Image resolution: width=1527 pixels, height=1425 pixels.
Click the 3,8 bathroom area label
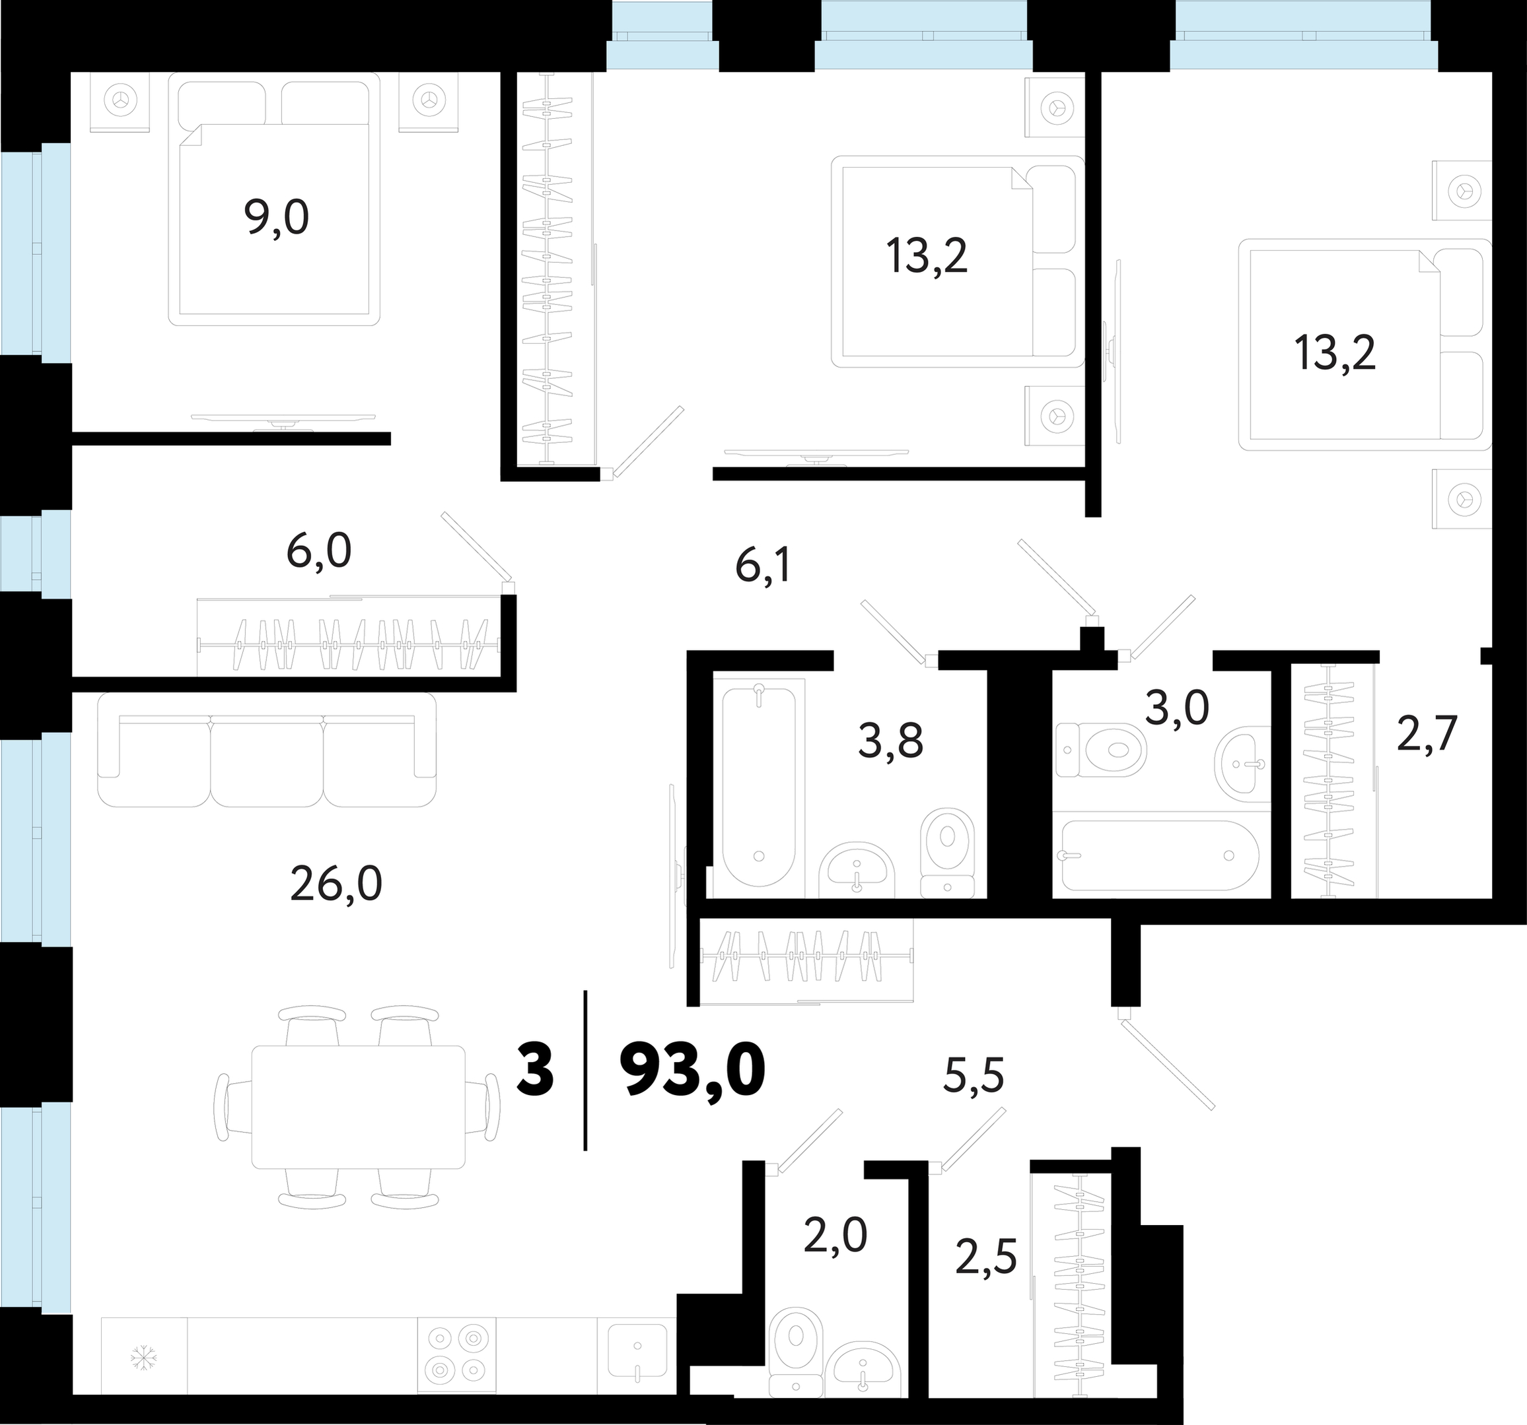click(x=892, y=742)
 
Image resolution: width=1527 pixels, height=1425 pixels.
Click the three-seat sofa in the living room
click(x=267, y=750)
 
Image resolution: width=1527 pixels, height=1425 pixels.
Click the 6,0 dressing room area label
click(x=319, y=550)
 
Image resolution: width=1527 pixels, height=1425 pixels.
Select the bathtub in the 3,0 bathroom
click(x=1160, y=855)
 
